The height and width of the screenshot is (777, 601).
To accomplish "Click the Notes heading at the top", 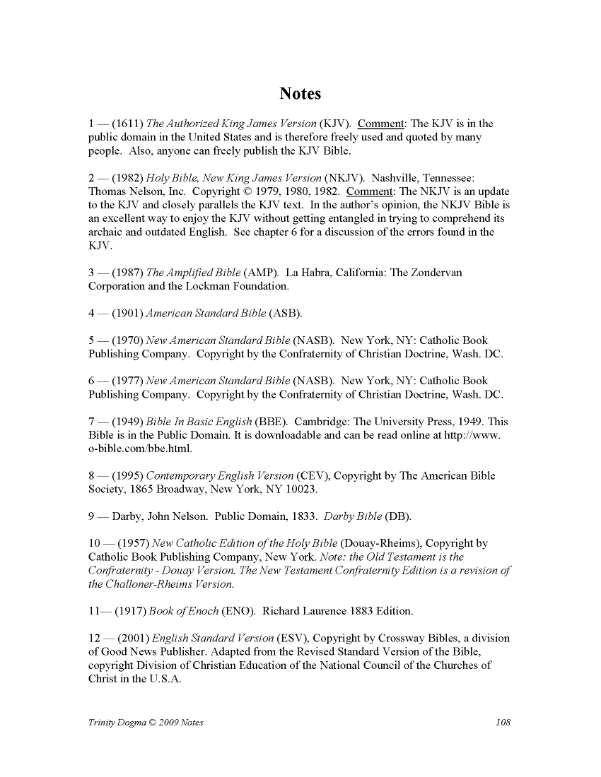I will [x=300, y=94].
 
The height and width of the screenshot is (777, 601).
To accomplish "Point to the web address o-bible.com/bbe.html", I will [x=140, y=449].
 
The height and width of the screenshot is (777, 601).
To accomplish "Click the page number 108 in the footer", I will [x=503, y=723].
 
